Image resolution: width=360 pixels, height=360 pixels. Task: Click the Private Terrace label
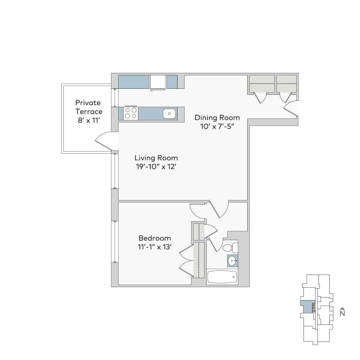tap(88, 107)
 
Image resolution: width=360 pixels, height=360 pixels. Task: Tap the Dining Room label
tap(217, 117)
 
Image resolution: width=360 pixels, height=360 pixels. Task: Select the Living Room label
tap(156, 158)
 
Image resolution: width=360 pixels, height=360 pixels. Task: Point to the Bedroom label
tap(154, 238)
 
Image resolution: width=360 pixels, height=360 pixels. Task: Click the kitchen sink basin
tap(169, 114)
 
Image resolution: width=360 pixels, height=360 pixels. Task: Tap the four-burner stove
tap(130, 113)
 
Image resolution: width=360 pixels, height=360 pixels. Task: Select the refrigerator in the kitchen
tap(158, 82)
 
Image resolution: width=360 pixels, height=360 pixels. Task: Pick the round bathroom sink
tap(232, 261)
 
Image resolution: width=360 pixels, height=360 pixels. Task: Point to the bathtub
tap(222, 277)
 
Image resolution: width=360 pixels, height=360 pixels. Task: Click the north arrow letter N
tap(342, 313)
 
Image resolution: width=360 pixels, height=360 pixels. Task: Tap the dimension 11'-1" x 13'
tap(154, 247)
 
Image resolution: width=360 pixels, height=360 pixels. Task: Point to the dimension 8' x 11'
tap(88, 120)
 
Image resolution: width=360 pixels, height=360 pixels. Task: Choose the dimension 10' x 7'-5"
tap(217, 126)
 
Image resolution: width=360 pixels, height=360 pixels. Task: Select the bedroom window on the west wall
tap(114, 242)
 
